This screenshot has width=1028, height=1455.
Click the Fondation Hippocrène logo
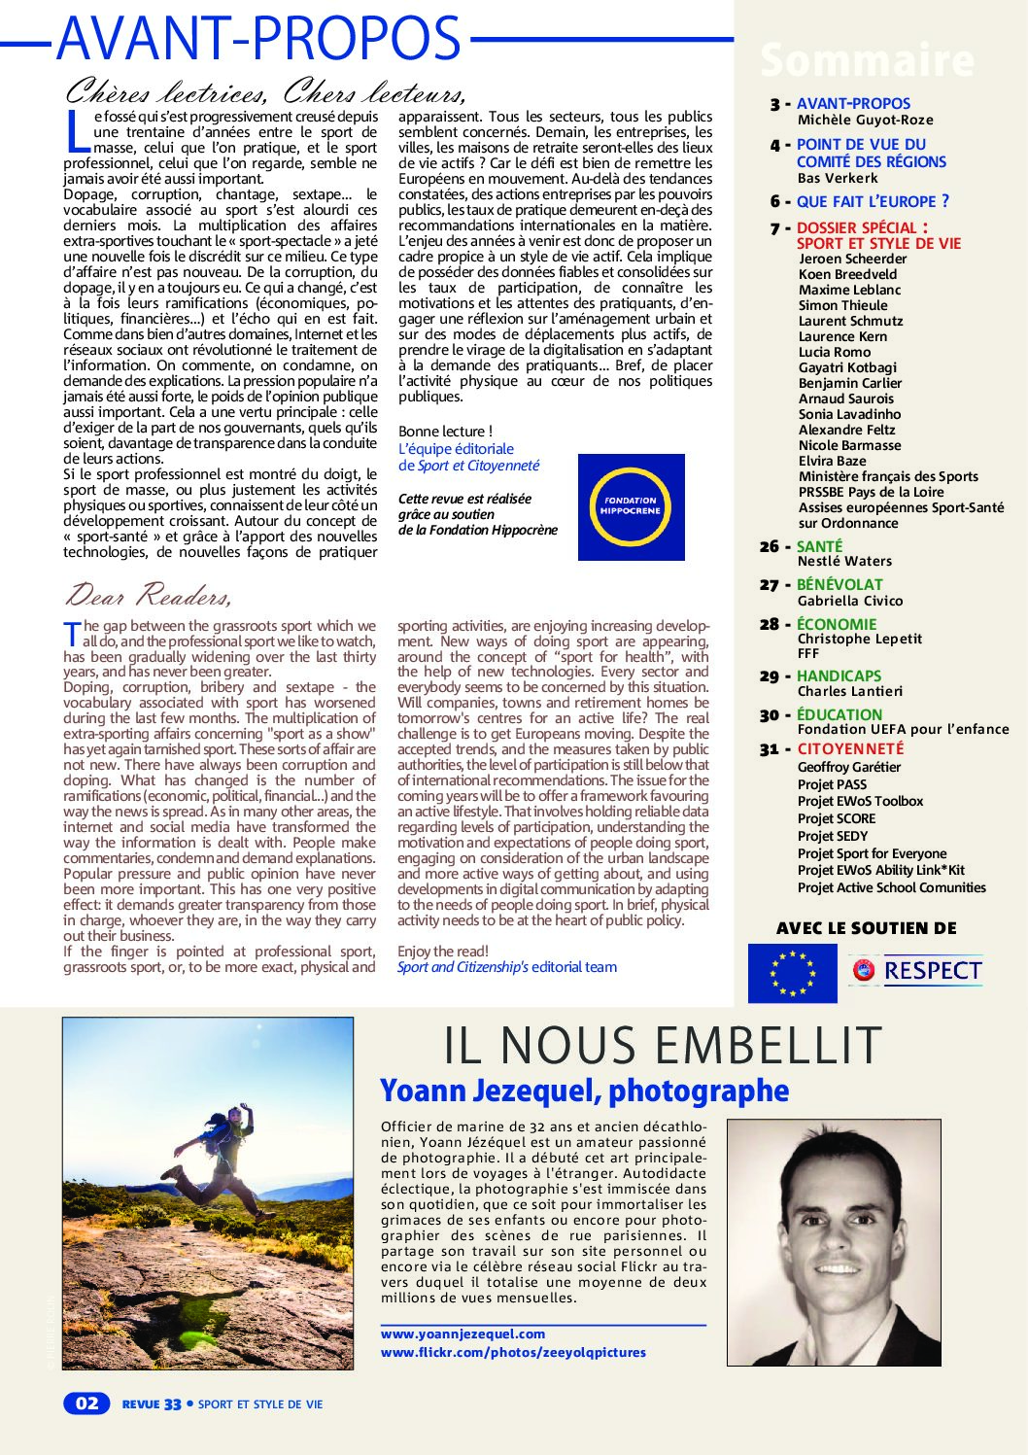(631, 506)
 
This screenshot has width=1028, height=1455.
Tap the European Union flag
(792, 973)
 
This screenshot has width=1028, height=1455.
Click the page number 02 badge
(86, 1403)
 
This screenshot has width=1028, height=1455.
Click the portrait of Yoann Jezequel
(833, 1242)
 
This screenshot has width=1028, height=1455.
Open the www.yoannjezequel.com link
(463, 1334)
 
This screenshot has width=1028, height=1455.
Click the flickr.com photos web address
(513, 1352)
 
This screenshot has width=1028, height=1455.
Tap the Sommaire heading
(866, 60)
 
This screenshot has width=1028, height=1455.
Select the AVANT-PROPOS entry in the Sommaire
(853, 103)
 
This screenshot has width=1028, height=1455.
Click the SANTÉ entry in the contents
(819, 546)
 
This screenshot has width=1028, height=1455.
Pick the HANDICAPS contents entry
(839, 676)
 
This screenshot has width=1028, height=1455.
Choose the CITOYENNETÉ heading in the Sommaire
(850, 748)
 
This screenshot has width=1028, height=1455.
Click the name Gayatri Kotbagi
(847, 367)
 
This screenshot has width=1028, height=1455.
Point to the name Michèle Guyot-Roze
(865, 120)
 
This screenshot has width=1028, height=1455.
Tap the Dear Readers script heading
(148, 594)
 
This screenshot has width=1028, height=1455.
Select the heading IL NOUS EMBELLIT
(662, 1046)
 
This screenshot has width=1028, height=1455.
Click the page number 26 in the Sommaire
(770, 546)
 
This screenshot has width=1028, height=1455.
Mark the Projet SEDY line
(833, 836)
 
